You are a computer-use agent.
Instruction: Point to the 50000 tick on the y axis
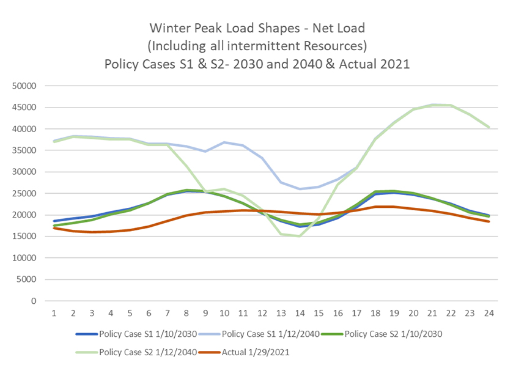click(24, 86)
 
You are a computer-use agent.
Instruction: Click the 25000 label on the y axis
click(24, 194)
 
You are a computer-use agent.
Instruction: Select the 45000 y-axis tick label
click(24, 108)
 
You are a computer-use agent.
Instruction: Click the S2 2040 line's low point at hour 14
click(300, 236)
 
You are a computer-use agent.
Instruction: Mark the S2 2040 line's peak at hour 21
click(432, 105)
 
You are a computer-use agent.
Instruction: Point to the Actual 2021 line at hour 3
click(92, 232)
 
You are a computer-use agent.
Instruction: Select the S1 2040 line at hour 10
click(224, 142)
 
